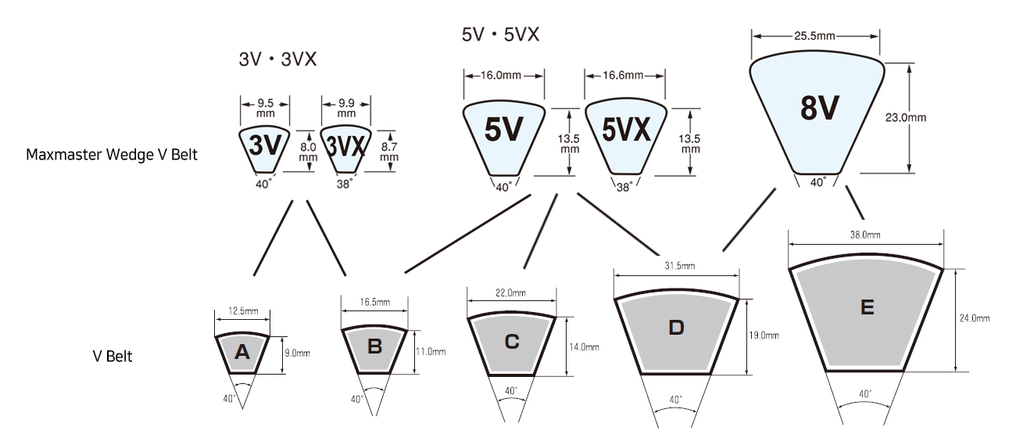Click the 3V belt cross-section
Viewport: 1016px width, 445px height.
pyautogui.click(x=264, y=149)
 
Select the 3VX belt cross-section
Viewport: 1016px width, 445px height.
pyautogui.click(x=345, y=149)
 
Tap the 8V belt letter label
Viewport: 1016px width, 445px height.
pyautogui.click(x=820, y=109)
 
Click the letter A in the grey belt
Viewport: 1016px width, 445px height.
pyautogui.click(x=241, y=352)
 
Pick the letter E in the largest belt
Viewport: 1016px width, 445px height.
pyautogui.click(x=868, y=307)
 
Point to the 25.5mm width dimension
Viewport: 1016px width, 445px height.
pyautogui.click(x=814, y=35)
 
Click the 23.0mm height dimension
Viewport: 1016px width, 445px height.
pyautogui.click(x=906, y=117)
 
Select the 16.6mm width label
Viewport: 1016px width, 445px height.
pyautogui.click(x=623, y=75)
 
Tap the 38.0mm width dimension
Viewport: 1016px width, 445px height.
pyautogui.click(x=865, y=235)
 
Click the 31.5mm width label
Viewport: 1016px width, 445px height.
pyautogui.click(x=679, y=266)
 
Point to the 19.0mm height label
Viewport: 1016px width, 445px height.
pyautogui.click(x=764, y=336)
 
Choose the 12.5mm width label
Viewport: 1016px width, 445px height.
pyautogui.click(x=243, y=311)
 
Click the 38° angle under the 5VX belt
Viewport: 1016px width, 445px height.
pyautogui.click(x=624, y=187)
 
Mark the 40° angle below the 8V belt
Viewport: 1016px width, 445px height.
pyautogui.click(x=818, y=182)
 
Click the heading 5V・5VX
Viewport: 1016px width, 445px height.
pyautogui.click(x=500, y=34)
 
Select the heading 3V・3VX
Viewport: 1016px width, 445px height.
pyautogui.click(x=277, y=59)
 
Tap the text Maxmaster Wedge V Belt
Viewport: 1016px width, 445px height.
pyautogui.click(x=112, y=155)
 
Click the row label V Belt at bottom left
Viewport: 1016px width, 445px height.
pyautogui.click(x=113, y=357)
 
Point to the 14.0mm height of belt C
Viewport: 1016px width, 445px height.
pyautogui.click(x=585, y=347)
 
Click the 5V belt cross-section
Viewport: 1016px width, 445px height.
pyautogui.click(x=504, y=138)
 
